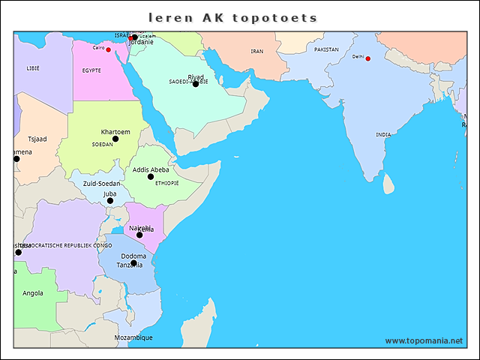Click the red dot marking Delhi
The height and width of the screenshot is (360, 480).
(367, 58)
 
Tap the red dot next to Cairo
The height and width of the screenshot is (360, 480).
(108, 49)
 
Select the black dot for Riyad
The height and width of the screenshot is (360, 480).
(196, 84)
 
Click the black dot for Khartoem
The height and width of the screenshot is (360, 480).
(115, 139)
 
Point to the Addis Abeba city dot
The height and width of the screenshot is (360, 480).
(151, 177)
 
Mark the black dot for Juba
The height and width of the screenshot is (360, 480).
(110, 201)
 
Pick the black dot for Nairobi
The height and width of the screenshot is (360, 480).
(139, 235)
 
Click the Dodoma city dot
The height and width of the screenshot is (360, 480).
(133, 263)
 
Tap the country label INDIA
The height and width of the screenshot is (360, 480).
(383, 135)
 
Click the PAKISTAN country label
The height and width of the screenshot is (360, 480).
(326, 49)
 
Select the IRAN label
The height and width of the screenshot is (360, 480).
(257, 52)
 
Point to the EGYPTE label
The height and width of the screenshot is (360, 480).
(91, 70)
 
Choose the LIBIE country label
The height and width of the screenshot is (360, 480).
(33, 67)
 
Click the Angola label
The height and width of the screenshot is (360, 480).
(33, 293)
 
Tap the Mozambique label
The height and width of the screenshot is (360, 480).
(133, 337)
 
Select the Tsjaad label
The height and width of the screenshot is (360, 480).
(37, 139)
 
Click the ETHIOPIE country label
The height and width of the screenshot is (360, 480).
(166, 183)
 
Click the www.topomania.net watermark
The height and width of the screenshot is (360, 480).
(424, 340)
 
